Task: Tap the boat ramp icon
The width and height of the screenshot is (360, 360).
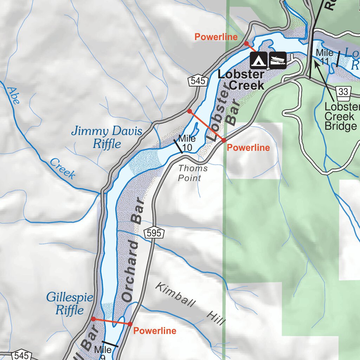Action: click(277, 60)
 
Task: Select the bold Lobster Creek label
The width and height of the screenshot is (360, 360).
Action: click(241, 80)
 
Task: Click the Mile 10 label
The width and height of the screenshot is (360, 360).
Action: click(187, 143)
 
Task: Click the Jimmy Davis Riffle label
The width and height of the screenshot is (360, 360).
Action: click(107, 137)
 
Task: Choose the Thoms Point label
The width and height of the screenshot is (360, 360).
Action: click(192, 173)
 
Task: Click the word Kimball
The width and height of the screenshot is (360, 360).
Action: click(174, 295)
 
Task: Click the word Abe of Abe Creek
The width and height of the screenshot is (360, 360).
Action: click(13, 95)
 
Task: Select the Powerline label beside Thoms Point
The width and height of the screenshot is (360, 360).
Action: click(248, 148)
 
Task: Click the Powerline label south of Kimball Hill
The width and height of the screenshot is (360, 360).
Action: click(155, 331)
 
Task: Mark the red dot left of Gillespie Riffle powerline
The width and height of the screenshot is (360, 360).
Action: click(93, 319)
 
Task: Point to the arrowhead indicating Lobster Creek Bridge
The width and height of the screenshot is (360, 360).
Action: click(316, 63)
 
